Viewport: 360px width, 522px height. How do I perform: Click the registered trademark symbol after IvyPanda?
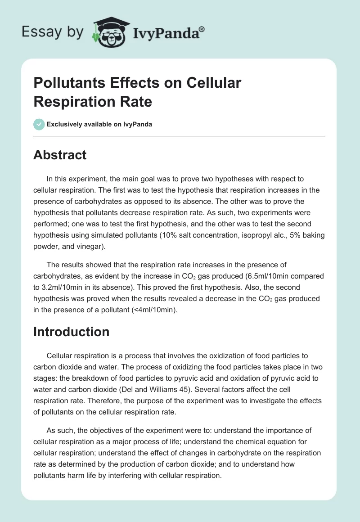(x=202, y=29)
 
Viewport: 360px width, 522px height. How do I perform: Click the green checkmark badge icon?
(x=39, y=124)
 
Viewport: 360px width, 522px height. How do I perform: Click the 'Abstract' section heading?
(x=60, y=155)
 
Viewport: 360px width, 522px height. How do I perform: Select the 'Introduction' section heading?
(x=72, y=332)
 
